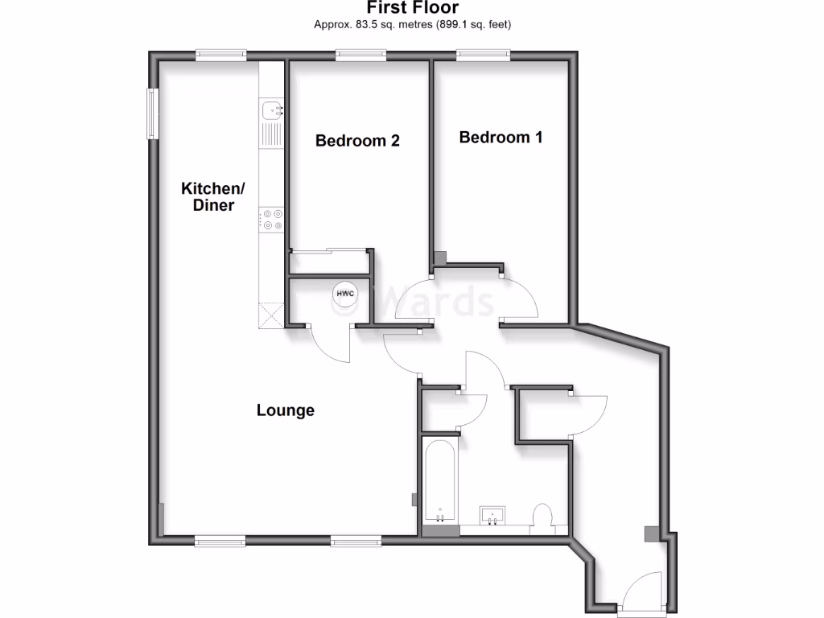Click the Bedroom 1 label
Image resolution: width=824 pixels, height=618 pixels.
(501, 138)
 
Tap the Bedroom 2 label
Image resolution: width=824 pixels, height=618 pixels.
(357, 141)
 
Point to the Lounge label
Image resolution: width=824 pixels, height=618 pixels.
(285, 410)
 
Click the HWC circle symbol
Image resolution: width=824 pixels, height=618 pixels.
(345, 294)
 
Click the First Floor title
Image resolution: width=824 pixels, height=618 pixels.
(412, 8)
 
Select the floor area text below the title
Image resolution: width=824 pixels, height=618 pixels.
(412, 24)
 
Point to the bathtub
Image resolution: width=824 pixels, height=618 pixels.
(439, 480)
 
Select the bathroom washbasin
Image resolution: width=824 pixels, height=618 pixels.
(492, 515)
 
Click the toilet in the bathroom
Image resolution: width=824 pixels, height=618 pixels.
(542, 517)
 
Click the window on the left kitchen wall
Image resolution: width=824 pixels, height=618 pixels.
(151, 113)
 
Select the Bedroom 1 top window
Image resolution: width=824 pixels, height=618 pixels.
(484, 55)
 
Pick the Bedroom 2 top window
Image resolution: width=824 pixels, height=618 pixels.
(361, 55)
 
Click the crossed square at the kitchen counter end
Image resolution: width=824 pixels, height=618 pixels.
(271, 315)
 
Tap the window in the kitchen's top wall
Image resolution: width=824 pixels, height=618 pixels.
(221, 55)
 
